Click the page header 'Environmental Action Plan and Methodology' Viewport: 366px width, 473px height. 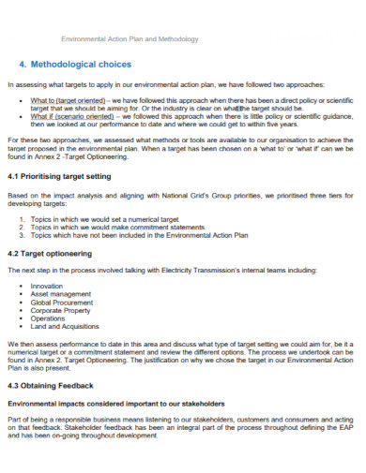[130, 39]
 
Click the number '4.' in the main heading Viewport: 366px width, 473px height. [23, 65]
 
